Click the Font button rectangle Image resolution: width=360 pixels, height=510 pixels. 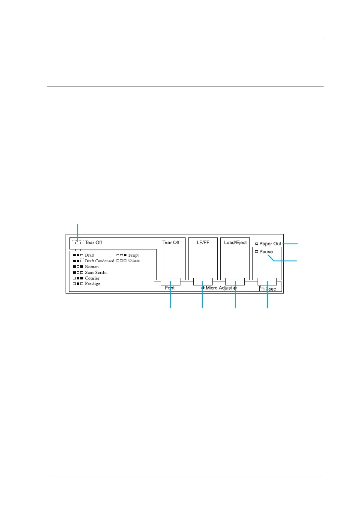(x=171, y=282)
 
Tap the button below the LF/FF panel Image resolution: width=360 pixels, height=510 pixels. (x=202, y=282)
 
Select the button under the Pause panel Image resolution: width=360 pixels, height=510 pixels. (x=267, y=282)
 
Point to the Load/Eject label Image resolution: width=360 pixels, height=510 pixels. (x=235, y=243)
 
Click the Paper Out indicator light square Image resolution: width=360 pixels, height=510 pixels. (x=257, y=243)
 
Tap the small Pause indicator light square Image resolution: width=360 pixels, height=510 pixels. (x=256, y=252)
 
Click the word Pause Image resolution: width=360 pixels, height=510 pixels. (x=266, y=252)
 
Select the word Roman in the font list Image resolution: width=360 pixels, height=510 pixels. (x=92, y=267)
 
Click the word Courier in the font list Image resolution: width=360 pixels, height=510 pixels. (x=93, y=278)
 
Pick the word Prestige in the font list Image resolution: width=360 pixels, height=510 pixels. (x=93, y=284)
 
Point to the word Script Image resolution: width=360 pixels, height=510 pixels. (x=133, y=255)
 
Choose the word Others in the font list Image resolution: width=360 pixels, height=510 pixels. (x=134, y=261)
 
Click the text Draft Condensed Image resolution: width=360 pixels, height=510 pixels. (x=99, y=261)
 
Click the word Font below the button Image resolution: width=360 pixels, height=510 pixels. (x=170, y=288)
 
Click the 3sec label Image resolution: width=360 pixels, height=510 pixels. (x=270, y=289)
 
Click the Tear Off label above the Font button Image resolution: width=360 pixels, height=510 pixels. (x=171, y=243)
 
